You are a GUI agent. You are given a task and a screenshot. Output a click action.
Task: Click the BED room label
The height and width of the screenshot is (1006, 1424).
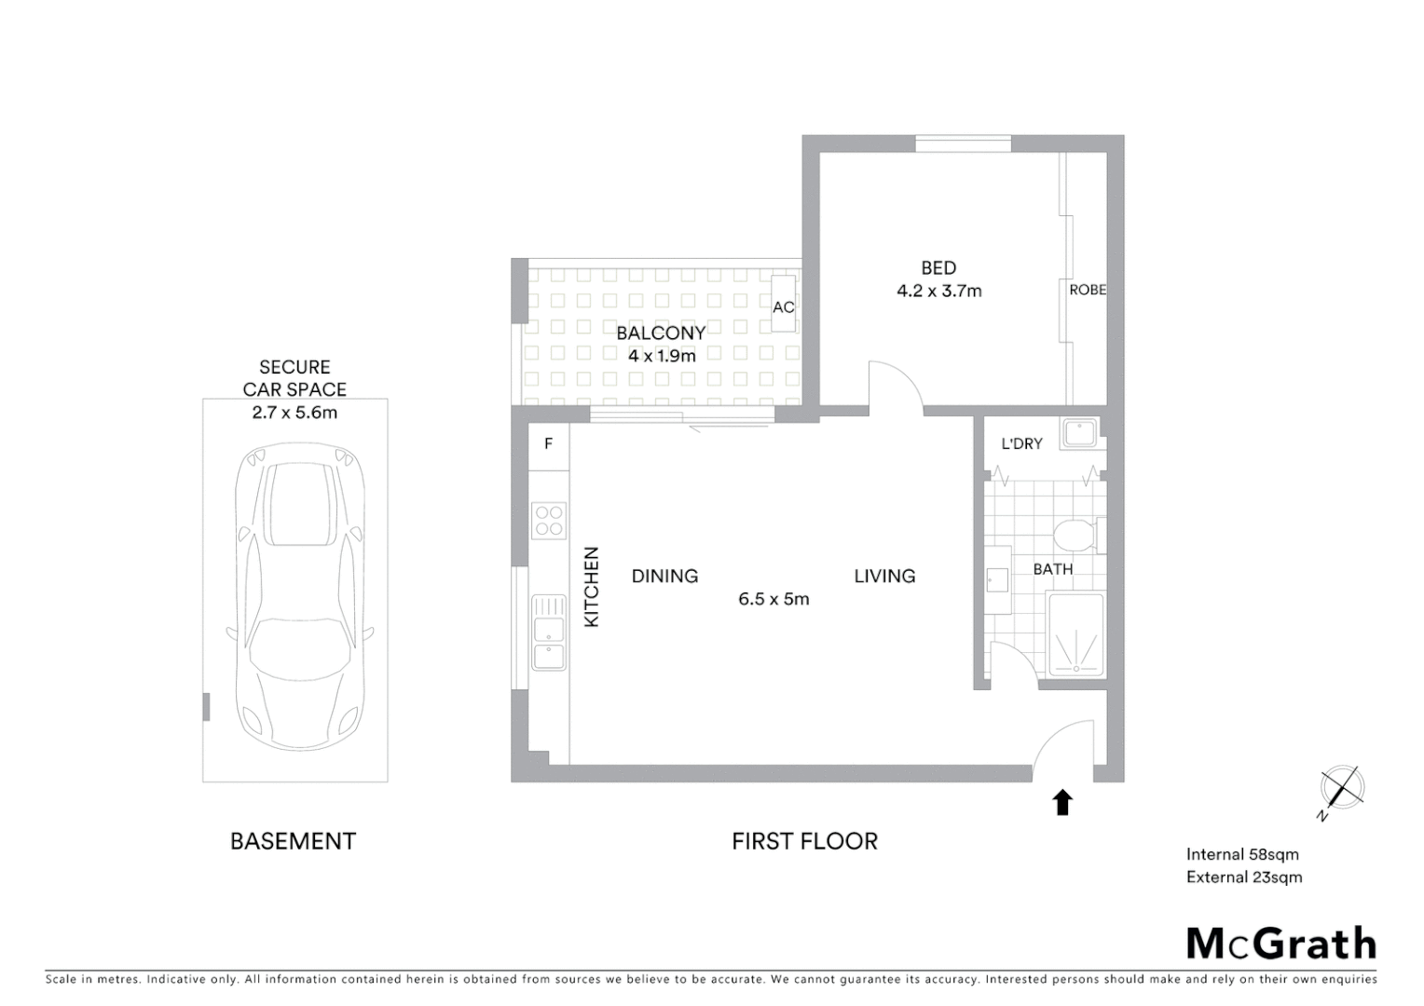click(938, 268)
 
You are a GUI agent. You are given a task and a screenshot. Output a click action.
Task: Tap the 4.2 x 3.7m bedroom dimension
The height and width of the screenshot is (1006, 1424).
click(938, 291)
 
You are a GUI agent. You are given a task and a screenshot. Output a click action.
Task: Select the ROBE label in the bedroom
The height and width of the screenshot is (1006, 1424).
click(1087, 290)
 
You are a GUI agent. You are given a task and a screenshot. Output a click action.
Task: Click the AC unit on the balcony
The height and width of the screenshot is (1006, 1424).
click(783, 305)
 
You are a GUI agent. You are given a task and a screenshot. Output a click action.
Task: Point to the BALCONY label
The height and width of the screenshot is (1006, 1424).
click(661, 333)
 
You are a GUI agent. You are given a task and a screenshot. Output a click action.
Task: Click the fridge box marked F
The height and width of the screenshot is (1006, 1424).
click(549, 444)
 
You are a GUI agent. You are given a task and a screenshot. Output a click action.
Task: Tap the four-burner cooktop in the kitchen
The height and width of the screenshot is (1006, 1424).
click(549, 520)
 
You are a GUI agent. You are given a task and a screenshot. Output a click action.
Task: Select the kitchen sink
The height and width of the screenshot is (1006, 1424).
click(549, 632)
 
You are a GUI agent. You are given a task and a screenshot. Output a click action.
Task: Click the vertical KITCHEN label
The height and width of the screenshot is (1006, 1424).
click(591, 587)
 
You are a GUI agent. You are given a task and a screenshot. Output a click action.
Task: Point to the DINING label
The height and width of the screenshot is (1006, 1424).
click(664, 577)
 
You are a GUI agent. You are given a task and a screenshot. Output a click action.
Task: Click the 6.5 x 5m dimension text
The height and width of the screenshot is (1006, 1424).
click(774, 599)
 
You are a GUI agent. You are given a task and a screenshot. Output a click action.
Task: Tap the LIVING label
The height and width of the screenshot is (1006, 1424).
click(884, 577)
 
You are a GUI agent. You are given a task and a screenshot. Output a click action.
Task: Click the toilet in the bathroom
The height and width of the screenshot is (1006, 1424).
click(1077, 536)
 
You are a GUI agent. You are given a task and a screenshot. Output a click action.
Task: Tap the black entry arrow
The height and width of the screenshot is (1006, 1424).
click(1062, 802)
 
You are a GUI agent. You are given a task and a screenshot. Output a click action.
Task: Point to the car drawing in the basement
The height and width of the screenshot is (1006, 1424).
click(295, 595)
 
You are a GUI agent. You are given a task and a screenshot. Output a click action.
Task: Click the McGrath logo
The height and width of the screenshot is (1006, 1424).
click(1280, 943)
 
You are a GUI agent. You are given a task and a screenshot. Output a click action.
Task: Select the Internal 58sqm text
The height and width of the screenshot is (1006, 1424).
click(1241, 854)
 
